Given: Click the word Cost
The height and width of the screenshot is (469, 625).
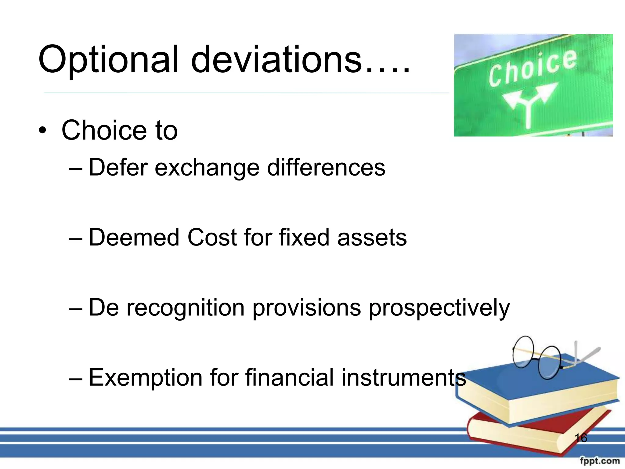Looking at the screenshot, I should click(x=212, y=237).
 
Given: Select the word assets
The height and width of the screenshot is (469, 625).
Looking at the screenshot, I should click(x=372, y=238).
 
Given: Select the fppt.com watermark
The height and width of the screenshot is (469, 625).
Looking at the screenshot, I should click(x=600, y=460).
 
